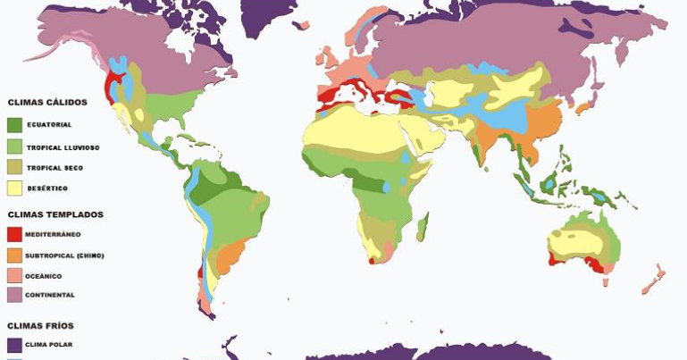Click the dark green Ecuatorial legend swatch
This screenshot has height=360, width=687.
point(13,124)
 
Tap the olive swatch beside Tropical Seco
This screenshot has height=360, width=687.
point(13,167)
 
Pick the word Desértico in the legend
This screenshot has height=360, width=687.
point(46,188)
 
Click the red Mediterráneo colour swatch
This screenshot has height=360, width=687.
point(13,234)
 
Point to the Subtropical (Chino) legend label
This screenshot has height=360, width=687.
point(64,255)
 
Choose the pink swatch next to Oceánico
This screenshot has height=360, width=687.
point(13,276)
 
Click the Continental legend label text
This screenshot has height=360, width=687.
point(49,295)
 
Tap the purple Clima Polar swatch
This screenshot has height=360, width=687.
point(13,344)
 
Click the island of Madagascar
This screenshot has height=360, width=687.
point(422,226)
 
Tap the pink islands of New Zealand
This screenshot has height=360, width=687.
point(652,278)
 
